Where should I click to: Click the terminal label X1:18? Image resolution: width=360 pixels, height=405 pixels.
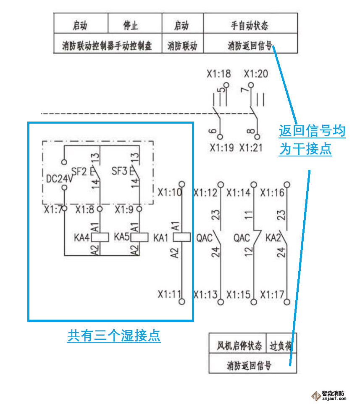(218, 74)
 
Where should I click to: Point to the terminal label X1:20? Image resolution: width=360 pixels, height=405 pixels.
(255, 74)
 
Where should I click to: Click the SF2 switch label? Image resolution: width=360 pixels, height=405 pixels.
(79, 171)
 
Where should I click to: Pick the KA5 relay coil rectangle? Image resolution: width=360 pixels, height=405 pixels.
(140, 237)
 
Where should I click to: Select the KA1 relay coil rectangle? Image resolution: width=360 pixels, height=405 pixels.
(181, 237)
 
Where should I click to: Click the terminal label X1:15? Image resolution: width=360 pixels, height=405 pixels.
(238, 294)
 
